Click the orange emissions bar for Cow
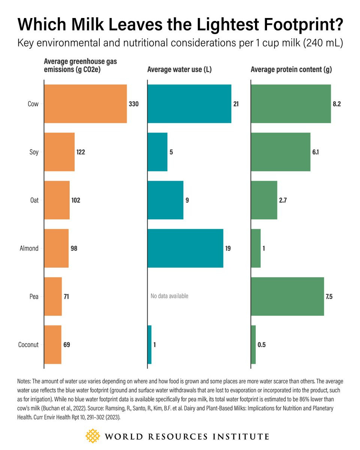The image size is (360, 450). [85, 103]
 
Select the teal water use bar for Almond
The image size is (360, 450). [185, 248]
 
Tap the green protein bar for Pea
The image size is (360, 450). [287, 296]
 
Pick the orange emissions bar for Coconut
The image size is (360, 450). [53, 345]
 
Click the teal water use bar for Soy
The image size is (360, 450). [157, 152]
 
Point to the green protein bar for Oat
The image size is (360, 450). [264, 200]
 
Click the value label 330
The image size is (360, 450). [133, 104]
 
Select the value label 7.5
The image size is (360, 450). [329, 297]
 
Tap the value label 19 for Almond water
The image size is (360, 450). [228, 248]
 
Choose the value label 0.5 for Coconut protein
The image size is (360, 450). [261, 345]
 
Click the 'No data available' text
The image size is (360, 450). [169, 296]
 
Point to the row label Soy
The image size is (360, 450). [34, 152]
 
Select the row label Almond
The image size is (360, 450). [29, 248]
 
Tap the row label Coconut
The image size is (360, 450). [28, 345]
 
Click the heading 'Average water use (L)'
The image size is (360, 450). [180, 69]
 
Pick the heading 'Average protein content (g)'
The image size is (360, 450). [291, 69]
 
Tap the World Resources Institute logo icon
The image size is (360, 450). [93, 436]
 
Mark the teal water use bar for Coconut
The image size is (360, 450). [150, 345]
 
